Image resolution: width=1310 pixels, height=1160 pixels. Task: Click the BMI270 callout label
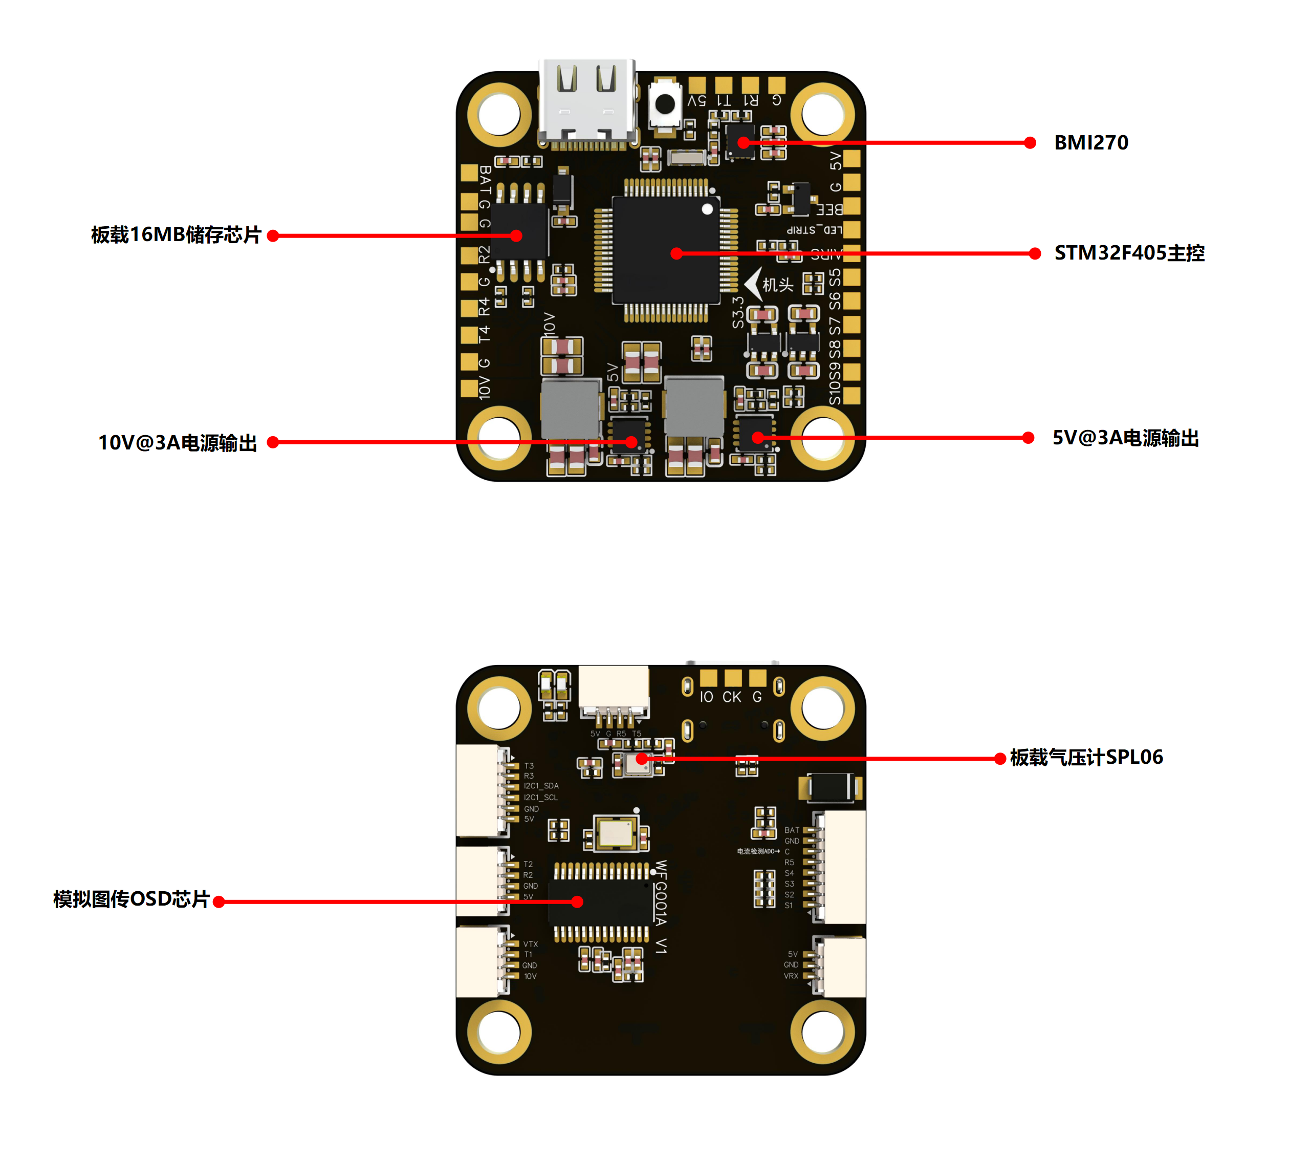(x=1091, y=142)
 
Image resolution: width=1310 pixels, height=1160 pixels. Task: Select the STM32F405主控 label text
(x=1129, y=253)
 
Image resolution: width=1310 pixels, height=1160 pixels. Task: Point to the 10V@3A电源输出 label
(x=178, y=442)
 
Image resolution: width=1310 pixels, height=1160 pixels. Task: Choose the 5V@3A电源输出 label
(x=1125, y=438)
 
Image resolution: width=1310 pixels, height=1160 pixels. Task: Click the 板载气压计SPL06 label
(x=1086, y=757)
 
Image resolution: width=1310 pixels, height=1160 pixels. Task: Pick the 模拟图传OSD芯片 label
(x=132, y=899)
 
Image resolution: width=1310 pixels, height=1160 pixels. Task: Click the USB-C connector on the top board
(x=587, y=102)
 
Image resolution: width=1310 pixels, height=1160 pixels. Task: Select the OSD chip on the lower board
(x=601, y=901)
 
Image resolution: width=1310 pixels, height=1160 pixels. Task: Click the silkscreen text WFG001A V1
(x=661, y=907)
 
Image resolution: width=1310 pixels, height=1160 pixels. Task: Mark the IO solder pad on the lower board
(x=708, y=678)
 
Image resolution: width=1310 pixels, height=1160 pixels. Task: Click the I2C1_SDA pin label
(x=541, y=785)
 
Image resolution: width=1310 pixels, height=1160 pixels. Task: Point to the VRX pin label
(x=791, y=976)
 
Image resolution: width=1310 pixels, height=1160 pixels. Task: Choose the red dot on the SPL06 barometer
(x=642, y=759)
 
